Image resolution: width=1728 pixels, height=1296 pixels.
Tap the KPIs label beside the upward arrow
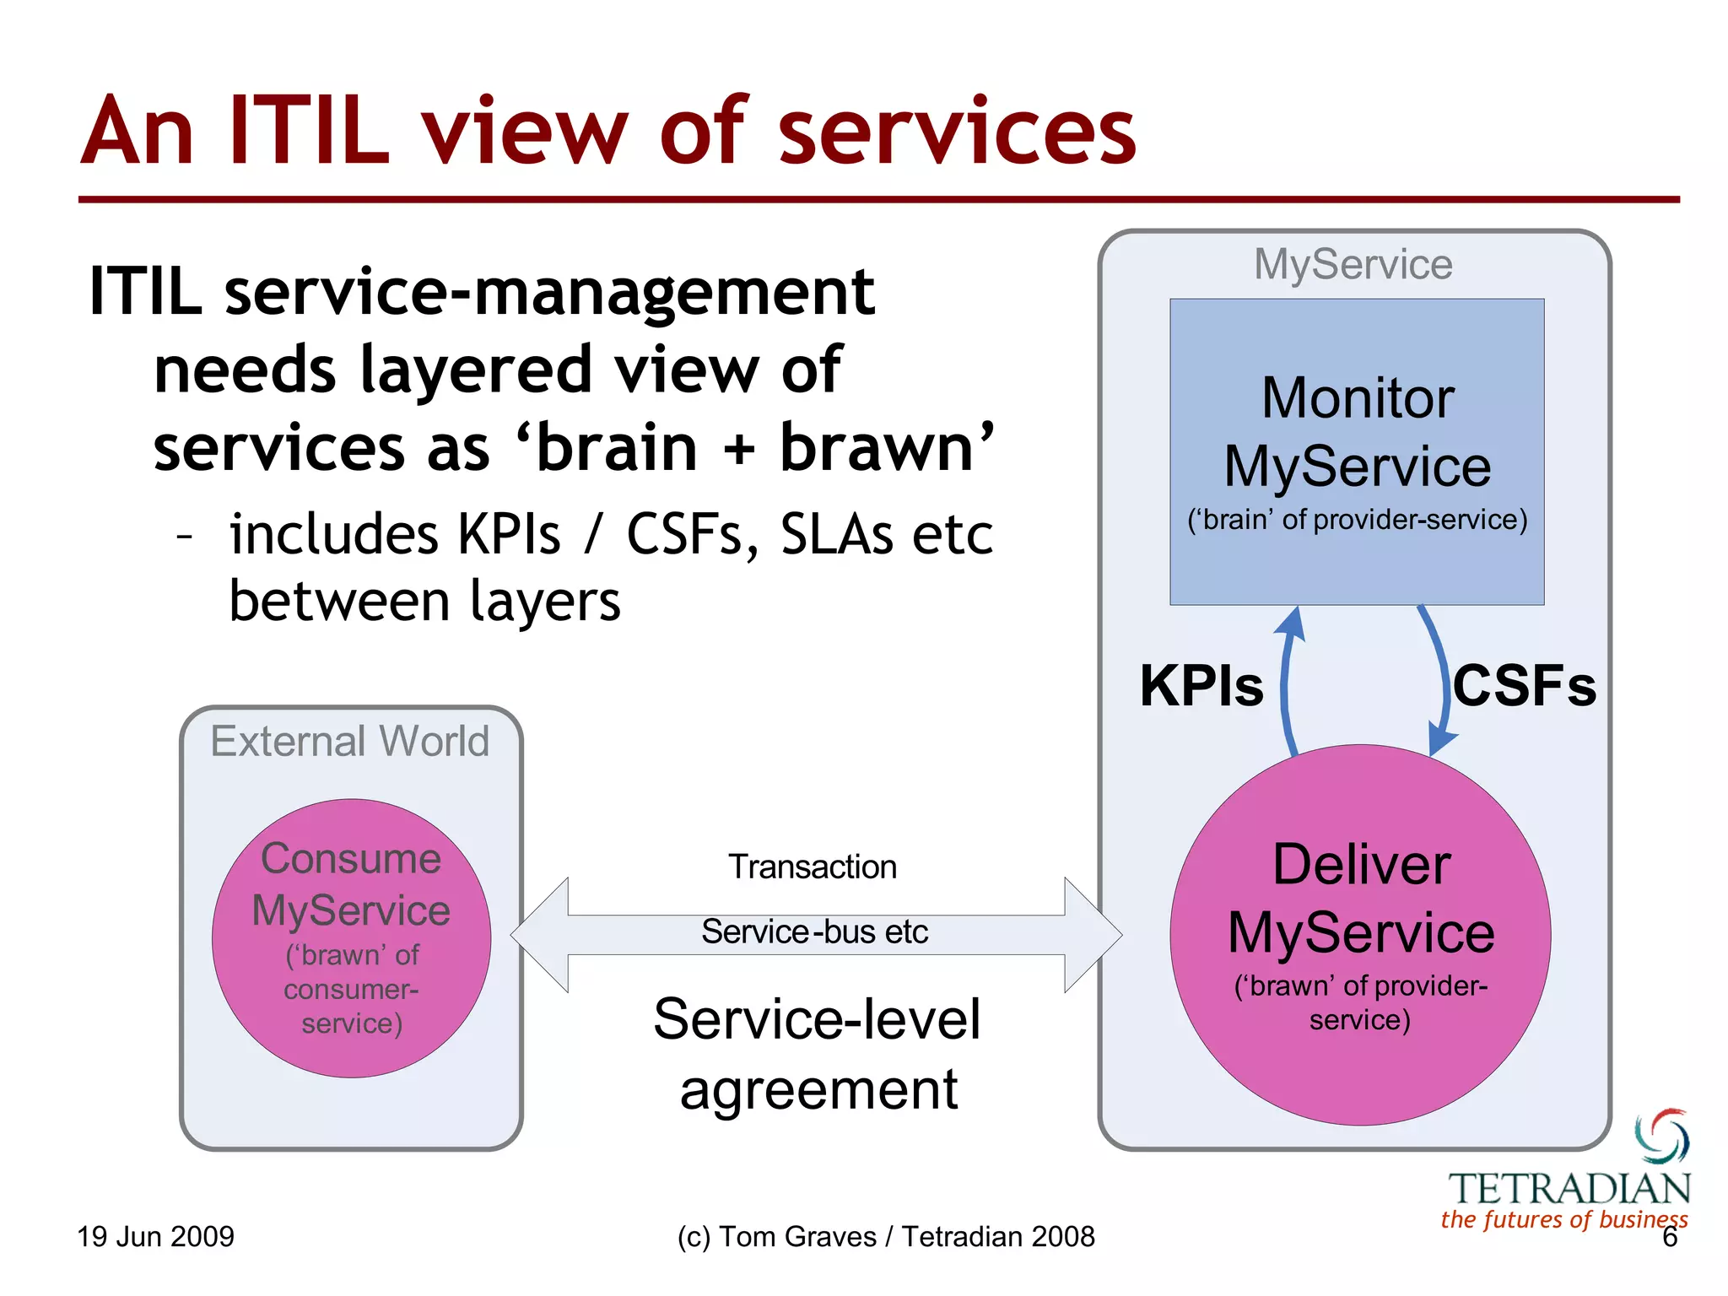point(1201,685)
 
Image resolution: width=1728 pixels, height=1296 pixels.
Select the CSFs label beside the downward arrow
point(1524,685)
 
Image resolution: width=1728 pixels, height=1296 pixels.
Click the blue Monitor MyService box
point(1357,451)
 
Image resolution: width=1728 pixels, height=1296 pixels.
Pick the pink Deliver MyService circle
point(1360,934)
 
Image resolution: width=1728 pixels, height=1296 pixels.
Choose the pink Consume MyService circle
point(351,937)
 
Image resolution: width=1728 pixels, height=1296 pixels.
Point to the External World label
point(349,741)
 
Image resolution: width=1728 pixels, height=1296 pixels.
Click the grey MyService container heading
point(1353,265)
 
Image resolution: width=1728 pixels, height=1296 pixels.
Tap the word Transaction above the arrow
point(813,867)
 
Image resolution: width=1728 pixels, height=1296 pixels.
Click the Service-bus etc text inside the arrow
point(814,932)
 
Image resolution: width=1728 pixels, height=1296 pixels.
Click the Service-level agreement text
point(818,1054)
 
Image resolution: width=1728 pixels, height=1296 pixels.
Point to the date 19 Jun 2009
point(155,1236)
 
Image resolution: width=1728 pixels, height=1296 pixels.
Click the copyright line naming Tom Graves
point(885,1236)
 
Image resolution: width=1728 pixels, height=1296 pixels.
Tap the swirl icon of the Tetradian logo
point(1662,1136)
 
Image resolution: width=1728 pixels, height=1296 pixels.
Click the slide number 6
point(1669,1238)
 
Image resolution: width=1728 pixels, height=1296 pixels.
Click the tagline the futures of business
point(1563,1219)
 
